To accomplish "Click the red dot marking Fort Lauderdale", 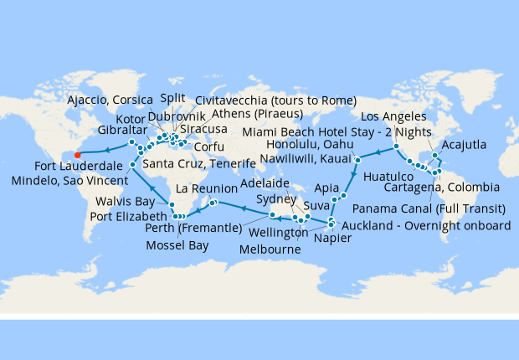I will (76, 154).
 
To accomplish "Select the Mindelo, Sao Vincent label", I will (69, 180).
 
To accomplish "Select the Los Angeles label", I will (398, 116).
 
